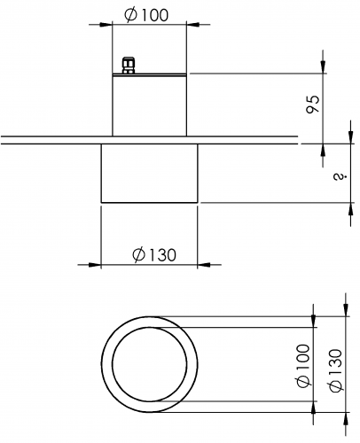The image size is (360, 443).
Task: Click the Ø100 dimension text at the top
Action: point(146,15)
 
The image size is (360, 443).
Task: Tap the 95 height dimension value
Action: point(313,104)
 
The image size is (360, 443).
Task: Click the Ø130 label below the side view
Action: point(154,255)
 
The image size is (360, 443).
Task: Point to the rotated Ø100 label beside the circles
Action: point(303,366)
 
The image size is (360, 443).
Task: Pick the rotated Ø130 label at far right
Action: point(335,370)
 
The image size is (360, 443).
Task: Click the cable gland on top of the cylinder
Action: point(129,66)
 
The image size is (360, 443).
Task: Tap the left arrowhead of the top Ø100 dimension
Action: point(106,25)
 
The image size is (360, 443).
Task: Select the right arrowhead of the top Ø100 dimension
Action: point(192,25)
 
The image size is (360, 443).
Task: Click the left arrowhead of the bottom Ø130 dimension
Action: point(95,265)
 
